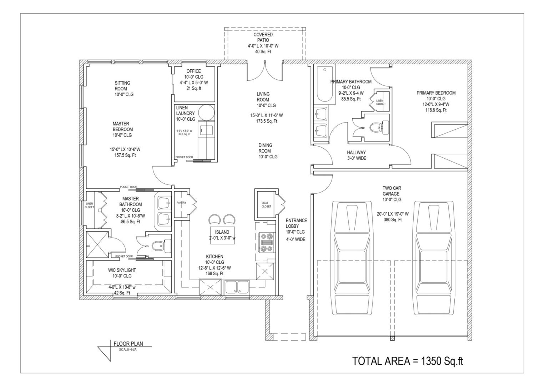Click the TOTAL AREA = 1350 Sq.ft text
click(408, 361)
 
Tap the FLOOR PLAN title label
click(128, 344)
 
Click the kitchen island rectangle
click(222, 235)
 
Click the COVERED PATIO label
click(263, 38)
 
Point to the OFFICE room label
click(193, 71)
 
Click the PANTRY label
click(181, 203)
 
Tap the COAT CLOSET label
click(266, 205)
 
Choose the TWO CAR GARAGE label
click(392, 194)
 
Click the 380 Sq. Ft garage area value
click(393, 220)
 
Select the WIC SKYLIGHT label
click(122, 270)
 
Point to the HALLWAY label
click(357, 153)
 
